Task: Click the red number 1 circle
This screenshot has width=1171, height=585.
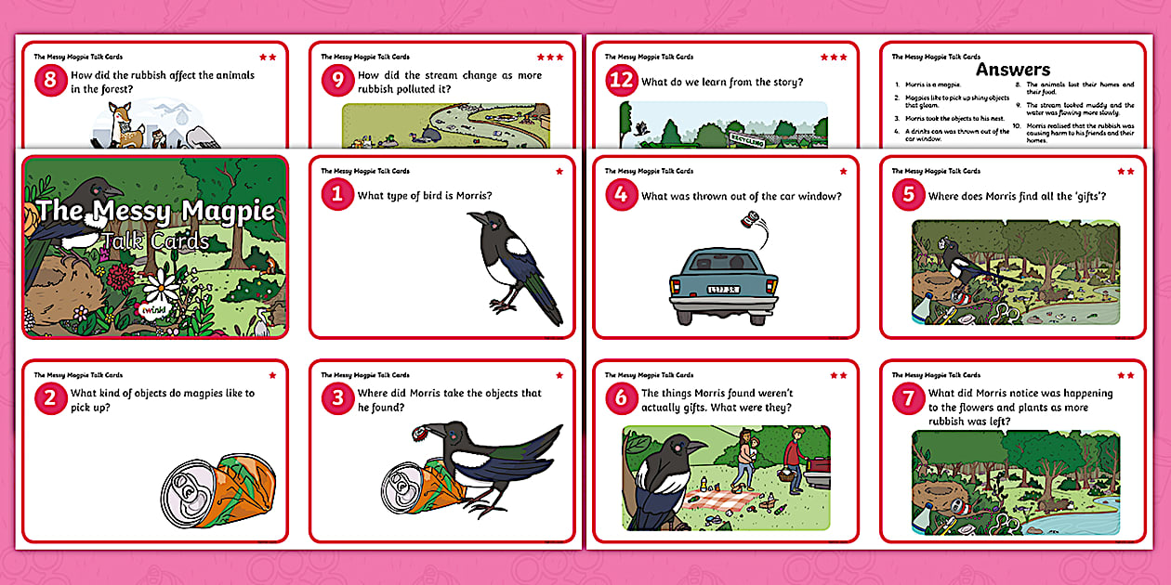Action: (x=337, y=195)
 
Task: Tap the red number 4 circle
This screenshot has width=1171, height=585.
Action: (x=621, y=195)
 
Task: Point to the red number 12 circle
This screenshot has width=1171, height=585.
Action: (x=621, y=81)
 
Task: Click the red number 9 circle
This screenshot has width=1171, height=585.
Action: (x=337, y=81)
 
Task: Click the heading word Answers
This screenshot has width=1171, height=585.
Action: (x=1012, y=70)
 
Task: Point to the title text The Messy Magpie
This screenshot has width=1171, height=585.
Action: (x=155, y=211)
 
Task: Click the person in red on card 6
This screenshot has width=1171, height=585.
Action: (x=793, y=457)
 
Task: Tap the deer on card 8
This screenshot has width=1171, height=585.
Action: (x=120, y=123)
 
